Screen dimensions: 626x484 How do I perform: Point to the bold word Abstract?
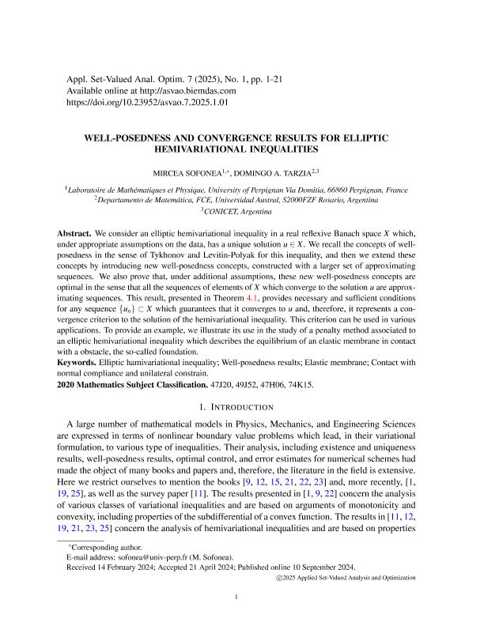coord(74,236)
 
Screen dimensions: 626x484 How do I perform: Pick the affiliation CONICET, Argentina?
coord(241,213)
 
